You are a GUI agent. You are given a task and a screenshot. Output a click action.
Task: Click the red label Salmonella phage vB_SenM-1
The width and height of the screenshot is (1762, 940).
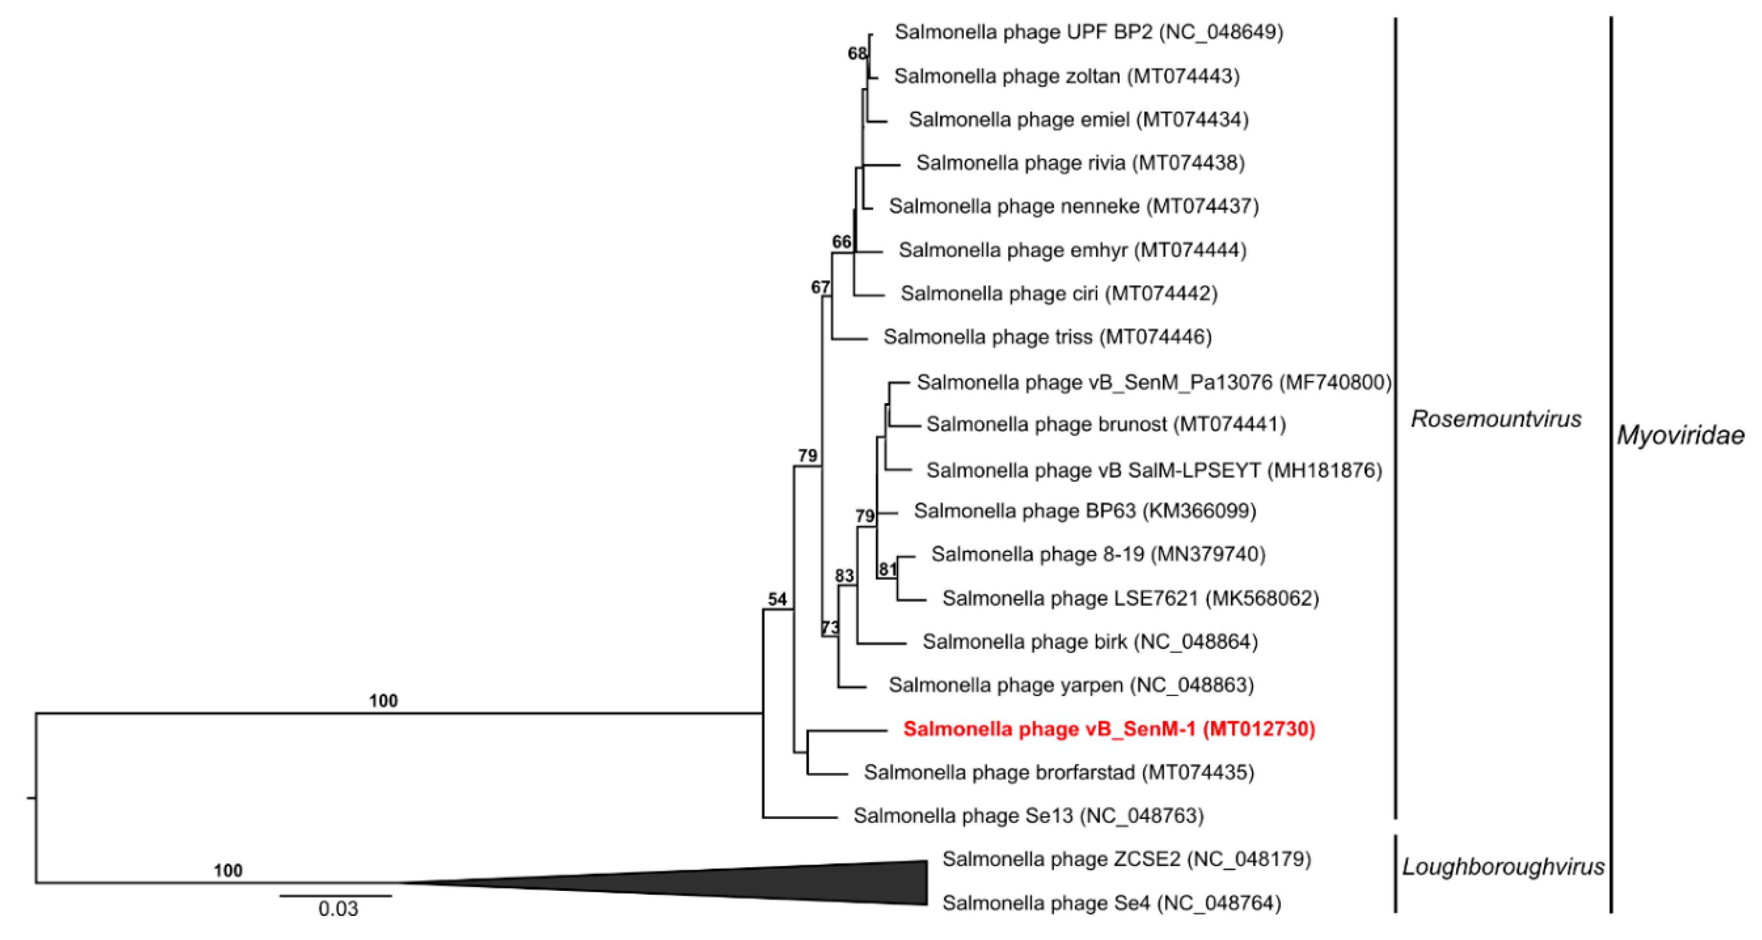[1108, 729]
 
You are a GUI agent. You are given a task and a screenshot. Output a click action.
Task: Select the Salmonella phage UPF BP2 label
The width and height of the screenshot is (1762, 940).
[1088, 32]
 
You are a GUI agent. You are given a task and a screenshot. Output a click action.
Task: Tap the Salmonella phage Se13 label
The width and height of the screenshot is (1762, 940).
[1028, 816]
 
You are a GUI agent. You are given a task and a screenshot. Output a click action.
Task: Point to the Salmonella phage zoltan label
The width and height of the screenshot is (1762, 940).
[1066, 76]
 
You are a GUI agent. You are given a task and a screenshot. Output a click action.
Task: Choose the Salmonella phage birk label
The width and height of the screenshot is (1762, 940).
[1090, 642]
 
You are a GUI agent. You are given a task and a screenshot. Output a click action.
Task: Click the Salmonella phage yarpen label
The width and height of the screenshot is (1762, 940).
[1070, 685]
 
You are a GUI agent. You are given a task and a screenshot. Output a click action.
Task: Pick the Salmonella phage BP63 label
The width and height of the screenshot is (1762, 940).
[1085, 511]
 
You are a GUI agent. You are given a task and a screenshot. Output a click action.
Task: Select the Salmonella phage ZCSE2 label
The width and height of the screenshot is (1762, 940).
[1126, 859]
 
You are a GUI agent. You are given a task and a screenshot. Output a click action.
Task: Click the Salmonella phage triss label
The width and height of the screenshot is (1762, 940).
[1047, 337]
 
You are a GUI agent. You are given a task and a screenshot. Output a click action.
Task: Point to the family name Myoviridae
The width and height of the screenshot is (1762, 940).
[1680, 435]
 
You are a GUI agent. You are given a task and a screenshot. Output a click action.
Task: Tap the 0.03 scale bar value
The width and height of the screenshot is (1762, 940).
[338, 909]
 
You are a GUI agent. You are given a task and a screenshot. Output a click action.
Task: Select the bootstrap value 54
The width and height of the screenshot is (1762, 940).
[777, 599]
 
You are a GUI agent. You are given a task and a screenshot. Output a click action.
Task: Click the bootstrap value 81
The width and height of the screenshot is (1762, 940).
[887, 569]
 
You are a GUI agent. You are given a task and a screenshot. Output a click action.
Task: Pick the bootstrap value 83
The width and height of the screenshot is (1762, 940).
[844, 576]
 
